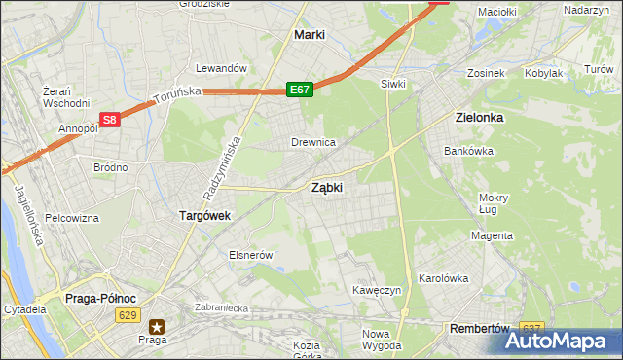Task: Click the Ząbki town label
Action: click(326, 188)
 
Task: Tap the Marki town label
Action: click(309, 35)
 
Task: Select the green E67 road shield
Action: click(299, 90)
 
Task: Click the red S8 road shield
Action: click(110, 120)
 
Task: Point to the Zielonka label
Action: click(479, 117)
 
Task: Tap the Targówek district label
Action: click(203, 216)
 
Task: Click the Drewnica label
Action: click(313, 142)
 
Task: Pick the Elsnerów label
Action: click(248, 255)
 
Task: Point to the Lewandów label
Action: click(222, 69)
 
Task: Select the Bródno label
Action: click(110, 167)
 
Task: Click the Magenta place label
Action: click(492, 235)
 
